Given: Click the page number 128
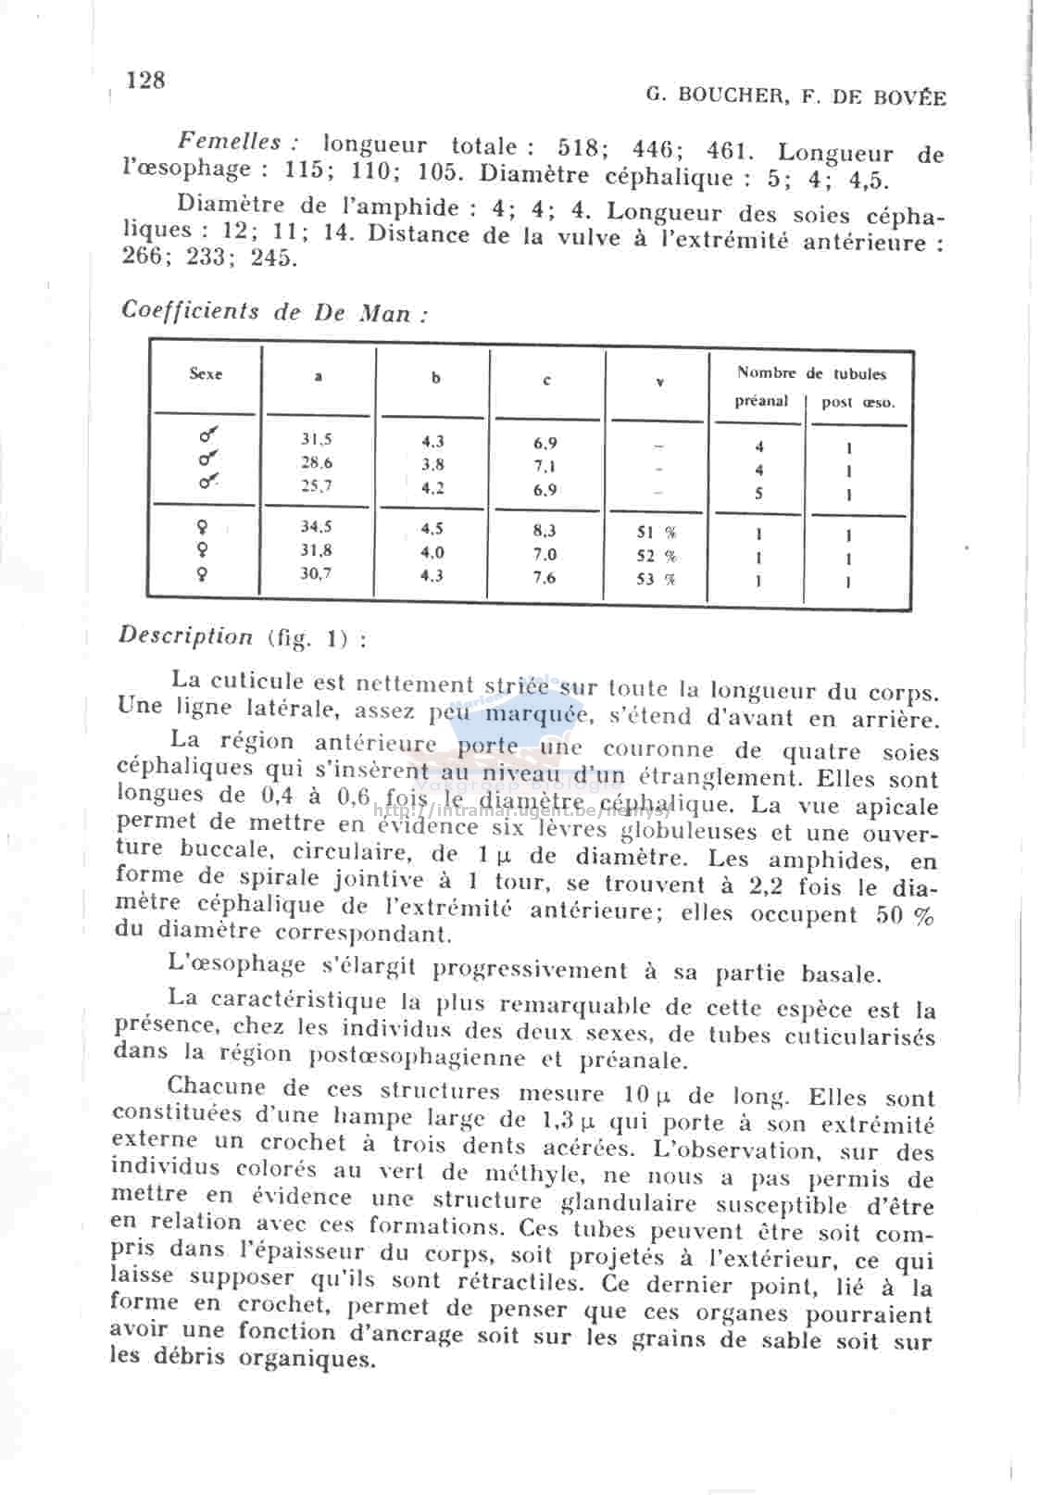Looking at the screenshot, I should [145, 81].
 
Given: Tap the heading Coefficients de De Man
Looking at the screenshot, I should [274, 312].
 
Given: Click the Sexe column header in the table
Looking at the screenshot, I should [206, 374].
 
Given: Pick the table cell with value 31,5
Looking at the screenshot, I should [317, 439].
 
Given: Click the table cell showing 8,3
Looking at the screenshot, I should [545, 531].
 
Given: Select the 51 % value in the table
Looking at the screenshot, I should [656, 533].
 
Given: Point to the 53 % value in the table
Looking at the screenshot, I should [656, 579].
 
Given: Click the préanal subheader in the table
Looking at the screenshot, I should [761, 401].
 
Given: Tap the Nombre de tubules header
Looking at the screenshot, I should [811, 373].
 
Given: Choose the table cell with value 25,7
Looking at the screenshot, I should [317, 484].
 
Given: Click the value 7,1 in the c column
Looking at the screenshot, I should [545, 466].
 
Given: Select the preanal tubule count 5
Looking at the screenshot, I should [759, 494].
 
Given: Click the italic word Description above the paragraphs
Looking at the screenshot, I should [186, 636].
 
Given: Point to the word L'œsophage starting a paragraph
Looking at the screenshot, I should [237, 965].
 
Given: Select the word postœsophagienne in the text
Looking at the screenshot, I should [417, 1057].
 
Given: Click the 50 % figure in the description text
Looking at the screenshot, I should [905, 915].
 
